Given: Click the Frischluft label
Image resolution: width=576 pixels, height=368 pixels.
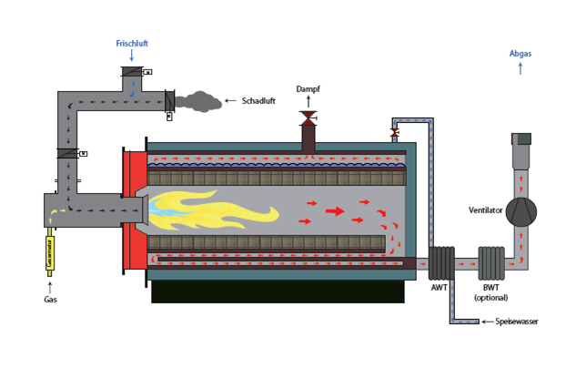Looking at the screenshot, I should coord(132,43).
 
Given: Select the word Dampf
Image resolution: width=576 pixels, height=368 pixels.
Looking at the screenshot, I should coord(308,88).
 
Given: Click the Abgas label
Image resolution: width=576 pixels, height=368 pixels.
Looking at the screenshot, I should coord(520,54).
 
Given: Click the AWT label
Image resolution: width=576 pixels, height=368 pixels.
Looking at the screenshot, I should coord(440,288).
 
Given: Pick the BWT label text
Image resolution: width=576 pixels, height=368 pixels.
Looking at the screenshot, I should coord(491,288).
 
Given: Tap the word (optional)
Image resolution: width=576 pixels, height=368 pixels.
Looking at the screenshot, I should coord(491,298).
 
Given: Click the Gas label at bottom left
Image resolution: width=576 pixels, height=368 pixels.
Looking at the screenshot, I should coord(50,298).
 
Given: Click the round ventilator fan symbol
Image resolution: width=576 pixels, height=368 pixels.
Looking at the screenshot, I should coord(521,211).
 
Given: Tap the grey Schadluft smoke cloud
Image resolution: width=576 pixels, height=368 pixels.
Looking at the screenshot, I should coord(198,101).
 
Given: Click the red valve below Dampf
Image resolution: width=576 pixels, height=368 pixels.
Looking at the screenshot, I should coord(308,118).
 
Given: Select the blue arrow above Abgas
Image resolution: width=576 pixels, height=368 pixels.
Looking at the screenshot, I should coord(520,68).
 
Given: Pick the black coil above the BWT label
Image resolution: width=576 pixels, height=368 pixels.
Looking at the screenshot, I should coord(492,264).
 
